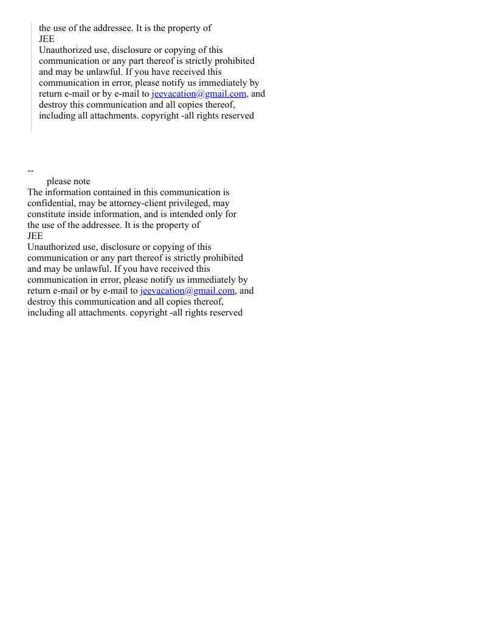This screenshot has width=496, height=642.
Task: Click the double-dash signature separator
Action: [x=30, y=171]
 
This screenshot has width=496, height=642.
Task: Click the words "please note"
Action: [x=68, y=181]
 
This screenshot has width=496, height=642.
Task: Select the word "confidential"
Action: [x=50, y=203]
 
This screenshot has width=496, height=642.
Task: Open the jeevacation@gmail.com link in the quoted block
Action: [x=199, y=94]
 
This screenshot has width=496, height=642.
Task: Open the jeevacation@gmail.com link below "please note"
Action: [x=187, y=291]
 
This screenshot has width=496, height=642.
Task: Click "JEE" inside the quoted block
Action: [x=47, y=39]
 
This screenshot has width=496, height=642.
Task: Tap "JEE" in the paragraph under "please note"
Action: [x=35, y=236]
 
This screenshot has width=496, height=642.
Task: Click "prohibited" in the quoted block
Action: [x=235, y=61]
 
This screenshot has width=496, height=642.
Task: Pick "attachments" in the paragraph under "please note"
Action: [x=102, y=312]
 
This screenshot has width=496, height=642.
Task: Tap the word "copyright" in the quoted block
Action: [x=160, y=116]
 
